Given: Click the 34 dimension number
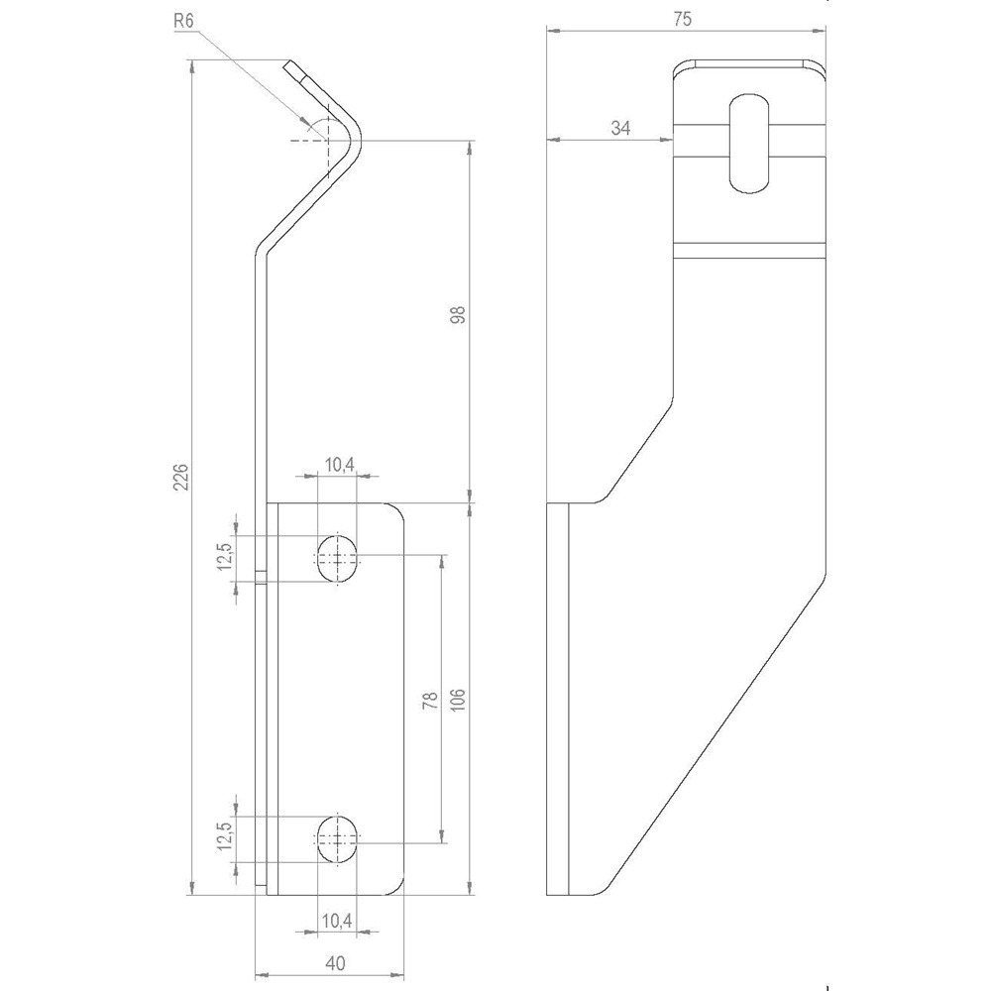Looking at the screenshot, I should pos(620,127).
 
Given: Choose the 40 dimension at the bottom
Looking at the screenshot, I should pos(334,962).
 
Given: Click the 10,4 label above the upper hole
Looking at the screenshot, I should pos(336,464).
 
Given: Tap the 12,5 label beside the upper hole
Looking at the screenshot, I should pos(226,556).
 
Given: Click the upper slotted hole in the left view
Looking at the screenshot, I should pos(338,559).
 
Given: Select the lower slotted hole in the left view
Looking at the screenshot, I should pos(338,840).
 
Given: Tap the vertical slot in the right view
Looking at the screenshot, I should pos(749,143).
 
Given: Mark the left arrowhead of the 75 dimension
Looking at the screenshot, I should pos(549,32).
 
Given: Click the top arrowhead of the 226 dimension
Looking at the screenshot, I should pos(192,63).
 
